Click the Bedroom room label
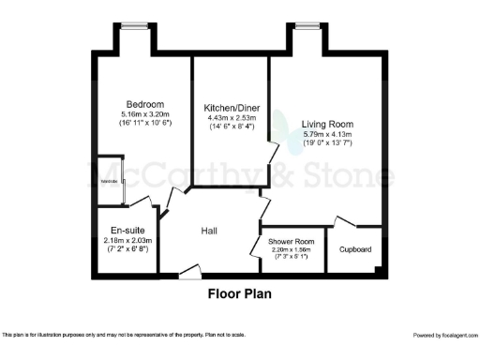pyautogui.click(x=145, y=104)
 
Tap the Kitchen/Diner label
pyautogui.click(x=230, y=107)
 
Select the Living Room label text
pyautogui.click(x=326, y=124)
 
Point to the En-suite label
pyautogui.click(x=126, y=231)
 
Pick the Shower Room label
pyautogui.click(x=292, y=242)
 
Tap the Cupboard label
pyautogui.click(x=355, y=249)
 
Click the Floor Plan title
pyautogui.click(x=239, y=292)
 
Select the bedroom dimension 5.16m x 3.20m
pyautogui.click(x=144, y=114)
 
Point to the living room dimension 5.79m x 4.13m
pyautogui.click(x=326, y=135)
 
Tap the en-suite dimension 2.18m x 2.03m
pyautogui.click(x=126, y=241)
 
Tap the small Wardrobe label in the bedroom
pyautogui.click(x=109, y=181)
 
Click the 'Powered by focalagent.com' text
pyautogui.click(x=445, y=335)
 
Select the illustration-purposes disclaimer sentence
pyautogui.click(x=124, y=335)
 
